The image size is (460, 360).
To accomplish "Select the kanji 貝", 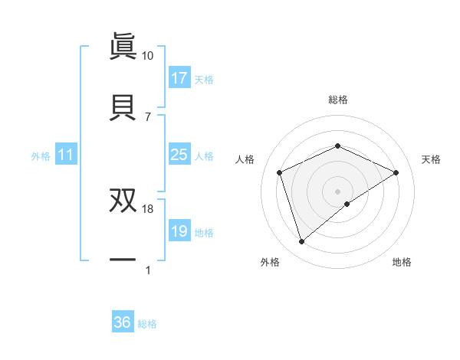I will point(123,106).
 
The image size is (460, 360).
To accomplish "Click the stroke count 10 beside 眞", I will point(147,56).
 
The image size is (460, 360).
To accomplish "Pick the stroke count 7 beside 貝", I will point(147,116).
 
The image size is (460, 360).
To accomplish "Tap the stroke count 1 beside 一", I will point(147,270).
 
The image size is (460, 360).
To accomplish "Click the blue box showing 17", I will point(179,78).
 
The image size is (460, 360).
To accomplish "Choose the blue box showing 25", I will point(179,155).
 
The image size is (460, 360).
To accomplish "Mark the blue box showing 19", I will point(179,231).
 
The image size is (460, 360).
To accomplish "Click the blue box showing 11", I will point(66,155).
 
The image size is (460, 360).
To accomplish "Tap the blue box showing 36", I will point(123,322).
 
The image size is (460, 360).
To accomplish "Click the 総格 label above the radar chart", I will point(338,100).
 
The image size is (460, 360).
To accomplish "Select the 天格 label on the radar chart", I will point(431,159).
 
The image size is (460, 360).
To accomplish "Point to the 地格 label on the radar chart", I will point(402,262).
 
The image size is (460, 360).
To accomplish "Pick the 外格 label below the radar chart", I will point(270,262).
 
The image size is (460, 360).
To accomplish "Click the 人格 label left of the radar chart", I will point(245,159).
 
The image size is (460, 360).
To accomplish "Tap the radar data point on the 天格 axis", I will point(396,173).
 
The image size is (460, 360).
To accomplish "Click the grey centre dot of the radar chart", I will point(337,191).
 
